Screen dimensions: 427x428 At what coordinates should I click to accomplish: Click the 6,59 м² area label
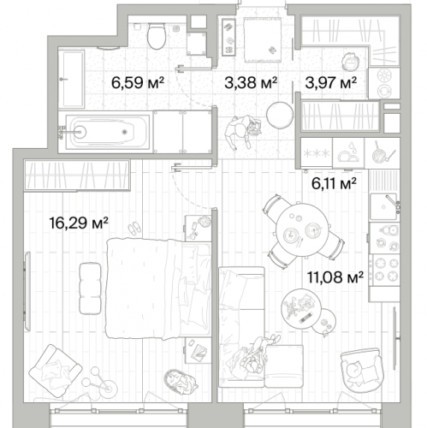(x=138, y=83)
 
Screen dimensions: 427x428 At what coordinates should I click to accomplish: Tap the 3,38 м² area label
(x=251, y=83)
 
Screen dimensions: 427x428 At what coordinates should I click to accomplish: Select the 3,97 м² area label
(x=330, y=83)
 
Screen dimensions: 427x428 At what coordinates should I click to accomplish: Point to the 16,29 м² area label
(x=79, y=223)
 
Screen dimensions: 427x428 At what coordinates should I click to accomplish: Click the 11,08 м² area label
(x=335, y=277)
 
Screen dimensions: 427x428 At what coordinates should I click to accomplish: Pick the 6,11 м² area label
(x=334, y=183)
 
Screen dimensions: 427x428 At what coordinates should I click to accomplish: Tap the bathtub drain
(x=124, y=132)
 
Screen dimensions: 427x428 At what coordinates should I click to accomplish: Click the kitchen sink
(x=383, y=206)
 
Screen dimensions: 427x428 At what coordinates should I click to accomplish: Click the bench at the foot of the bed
(x=90, y=288)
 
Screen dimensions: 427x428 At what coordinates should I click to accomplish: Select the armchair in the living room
(x=362, y=370)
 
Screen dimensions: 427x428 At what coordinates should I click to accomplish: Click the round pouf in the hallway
(x=280, y=116)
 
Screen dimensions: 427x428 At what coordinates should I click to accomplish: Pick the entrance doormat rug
(x=263, y=39)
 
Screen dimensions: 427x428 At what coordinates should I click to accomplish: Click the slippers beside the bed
(x=133, y=229)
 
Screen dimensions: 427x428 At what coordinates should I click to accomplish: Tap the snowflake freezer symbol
(x=317, y=154)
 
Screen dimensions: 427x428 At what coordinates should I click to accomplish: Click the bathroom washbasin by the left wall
(x=71, y=79)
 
